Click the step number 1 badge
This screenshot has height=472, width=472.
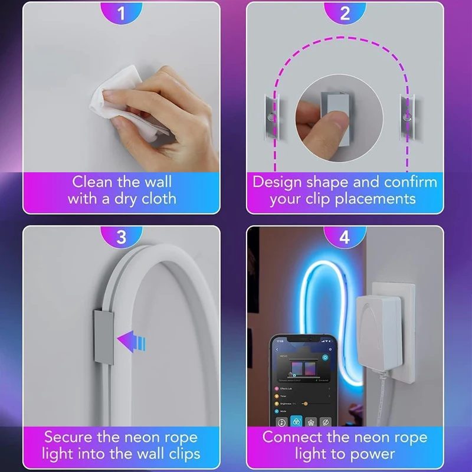[122, 13]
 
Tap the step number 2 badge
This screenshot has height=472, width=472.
[345, 13]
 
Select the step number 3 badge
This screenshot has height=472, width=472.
[122, 237]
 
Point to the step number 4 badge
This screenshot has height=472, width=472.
[345, 237]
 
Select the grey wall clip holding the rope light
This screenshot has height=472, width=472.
[104, 333]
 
